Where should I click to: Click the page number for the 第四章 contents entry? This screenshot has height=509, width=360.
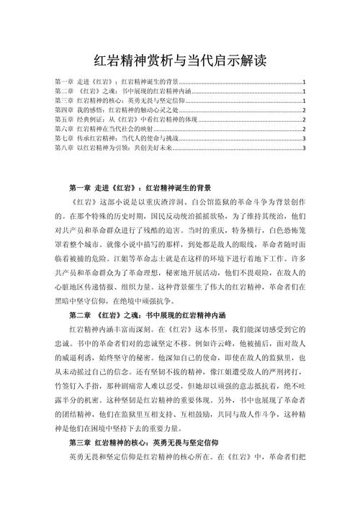[x=305, y=111]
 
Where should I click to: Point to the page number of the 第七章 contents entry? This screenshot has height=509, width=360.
[x=305, y=139]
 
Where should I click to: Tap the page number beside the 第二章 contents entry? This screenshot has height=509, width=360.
[x=305, y=92]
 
